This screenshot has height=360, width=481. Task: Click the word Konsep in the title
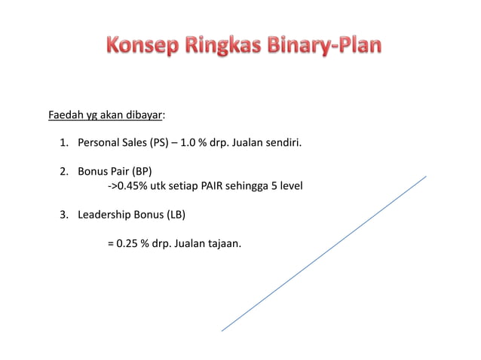(x=140, y=47)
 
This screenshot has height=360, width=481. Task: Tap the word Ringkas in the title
(x=220, y=47)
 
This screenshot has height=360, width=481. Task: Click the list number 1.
(x=63, y=141)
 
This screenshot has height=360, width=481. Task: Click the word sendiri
(x=281, y=141)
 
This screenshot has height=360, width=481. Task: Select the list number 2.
(x=63, y=170)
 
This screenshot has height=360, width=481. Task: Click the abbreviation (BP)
(x=142, y=170)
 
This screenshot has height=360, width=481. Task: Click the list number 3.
(x=63, y=214)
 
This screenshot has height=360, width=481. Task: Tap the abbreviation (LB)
(x=174, y=214)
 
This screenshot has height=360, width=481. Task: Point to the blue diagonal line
(x=324, y=254)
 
